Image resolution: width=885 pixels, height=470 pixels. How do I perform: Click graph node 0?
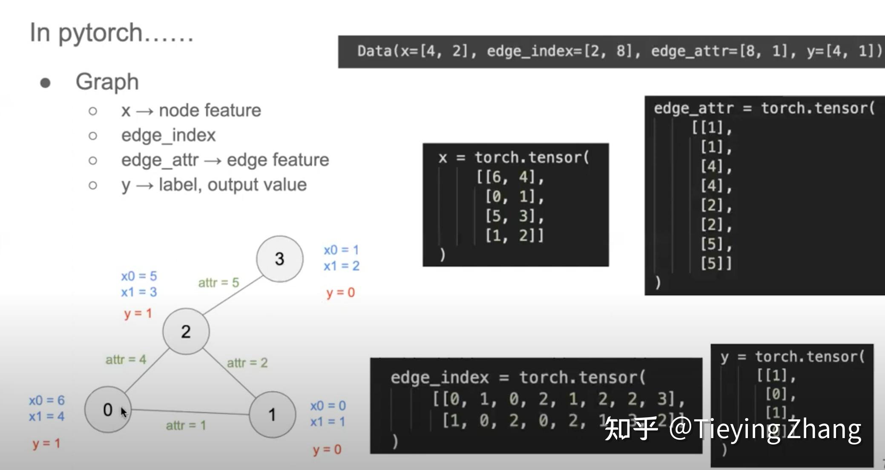pos(107,410)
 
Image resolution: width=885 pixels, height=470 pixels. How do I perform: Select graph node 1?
pos(272,414)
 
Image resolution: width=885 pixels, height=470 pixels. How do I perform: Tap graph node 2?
pos(186,331)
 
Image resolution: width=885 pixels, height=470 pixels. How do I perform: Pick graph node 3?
pos(279,258)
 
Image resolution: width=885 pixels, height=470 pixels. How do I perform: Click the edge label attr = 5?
pos(218,283)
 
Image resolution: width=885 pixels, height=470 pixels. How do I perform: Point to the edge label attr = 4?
pos(126,360)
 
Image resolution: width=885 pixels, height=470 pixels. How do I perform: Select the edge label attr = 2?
pos(247,363)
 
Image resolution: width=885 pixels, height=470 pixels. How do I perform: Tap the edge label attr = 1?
pos(186,425)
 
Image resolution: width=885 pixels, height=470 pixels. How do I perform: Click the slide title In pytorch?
pos(112,33)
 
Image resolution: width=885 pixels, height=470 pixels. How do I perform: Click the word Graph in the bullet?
pos(107,82)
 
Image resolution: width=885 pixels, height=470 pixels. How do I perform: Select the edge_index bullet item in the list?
pos(168,135)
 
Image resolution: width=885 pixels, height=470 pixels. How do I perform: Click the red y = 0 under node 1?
pos(327,450)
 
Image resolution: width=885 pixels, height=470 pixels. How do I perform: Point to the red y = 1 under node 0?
pos(46,444)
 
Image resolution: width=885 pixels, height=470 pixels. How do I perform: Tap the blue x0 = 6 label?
pos(47,400)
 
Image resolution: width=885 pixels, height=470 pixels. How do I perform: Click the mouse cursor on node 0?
pos(124,412)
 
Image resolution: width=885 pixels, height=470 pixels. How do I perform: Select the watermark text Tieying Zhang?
pos(777,429)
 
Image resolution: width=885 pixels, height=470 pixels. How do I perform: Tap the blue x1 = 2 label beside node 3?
pos(342,266)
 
